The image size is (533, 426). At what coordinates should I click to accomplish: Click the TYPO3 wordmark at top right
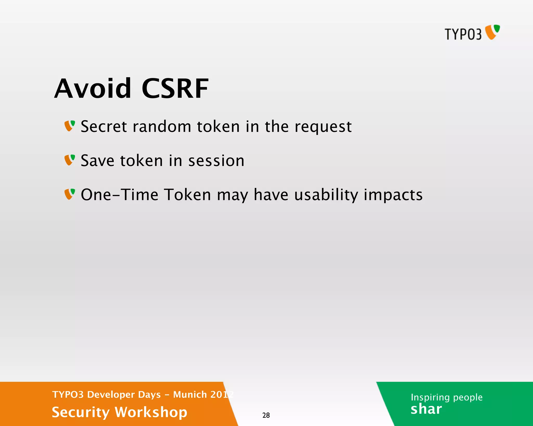(463, 34)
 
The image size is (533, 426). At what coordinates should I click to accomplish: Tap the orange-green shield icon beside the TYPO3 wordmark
(492, 32)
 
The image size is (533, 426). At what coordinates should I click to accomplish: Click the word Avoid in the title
(93, 89)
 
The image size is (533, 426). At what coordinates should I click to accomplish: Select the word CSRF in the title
(175, 89)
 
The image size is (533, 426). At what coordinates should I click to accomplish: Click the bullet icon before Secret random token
(70, 126)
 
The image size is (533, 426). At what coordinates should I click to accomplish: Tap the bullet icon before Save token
(70, 160)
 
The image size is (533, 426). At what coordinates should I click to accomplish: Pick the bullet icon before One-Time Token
(70, 194)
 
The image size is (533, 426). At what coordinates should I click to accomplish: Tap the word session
(216, 161)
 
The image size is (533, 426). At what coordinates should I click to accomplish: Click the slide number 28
(266, 415)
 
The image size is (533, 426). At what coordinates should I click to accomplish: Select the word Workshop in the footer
(151, 412)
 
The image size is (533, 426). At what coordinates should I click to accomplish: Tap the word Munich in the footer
(190, 395)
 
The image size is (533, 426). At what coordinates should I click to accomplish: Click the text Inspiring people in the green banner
(447, 397)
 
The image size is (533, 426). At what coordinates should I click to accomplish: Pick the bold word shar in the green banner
(426, 409)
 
